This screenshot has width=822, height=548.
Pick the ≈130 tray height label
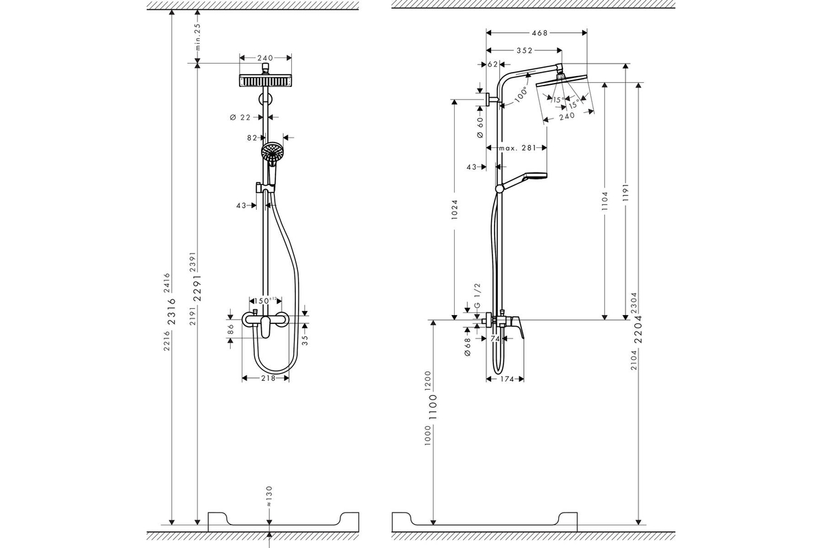point(269,495)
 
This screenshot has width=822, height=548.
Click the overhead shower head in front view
point(264,79)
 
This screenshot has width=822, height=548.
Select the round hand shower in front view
point(272,153)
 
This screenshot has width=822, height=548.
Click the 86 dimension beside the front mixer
point(231,327)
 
